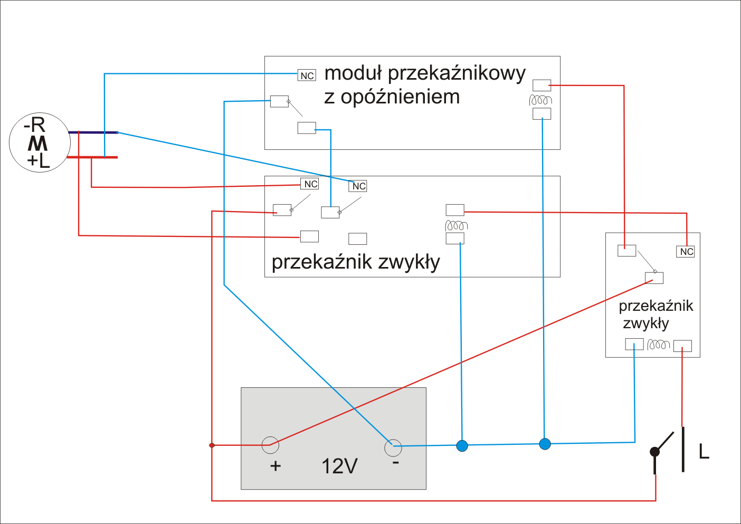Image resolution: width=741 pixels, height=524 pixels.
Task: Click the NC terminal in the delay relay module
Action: [x=307, y=75]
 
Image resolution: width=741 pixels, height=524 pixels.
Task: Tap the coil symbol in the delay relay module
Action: [x=540, y=100]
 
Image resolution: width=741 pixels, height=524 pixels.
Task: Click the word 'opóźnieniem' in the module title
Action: [x=400, y=97]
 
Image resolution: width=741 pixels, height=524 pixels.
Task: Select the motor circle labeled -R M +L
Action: [x=40, y=142]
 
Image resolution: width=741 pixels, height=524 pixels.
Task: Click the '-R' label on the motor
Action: [x=34, y=125]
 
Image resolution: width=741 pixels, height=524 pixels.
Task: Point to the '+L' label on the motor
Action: [x=39, y=161]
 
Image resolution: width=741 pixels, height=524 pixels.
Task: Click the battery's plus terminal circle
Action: [x=270, y=445]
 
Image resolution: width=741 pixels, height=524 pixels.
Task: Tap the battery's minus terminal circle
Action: [x=393, y=448]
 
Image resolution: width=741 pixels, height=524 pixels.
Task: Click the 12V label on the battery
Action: [x=339, y=466]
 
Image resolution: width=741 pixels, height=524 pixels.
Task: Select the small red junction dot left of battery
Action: [x=212, y=445]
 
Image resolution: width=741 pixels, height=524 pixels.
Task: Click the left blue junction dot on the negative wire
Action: [x=462, y=445]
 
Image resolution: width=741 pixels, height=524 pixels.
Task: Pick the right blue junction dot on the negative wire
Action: [x=545, y=444]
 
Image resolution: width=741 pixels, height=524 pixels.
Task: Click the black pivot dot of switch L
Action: [x=654, y=452]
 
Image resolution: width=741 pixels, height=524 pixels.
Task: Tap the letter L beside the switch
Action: [x=704, y=451]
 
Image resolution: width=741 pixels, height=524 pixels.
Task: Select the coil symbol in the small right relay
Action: [x=658, y=345]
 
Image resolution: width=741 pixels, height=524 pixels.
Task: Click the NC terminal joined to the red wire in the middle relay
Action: [x=309, y=184]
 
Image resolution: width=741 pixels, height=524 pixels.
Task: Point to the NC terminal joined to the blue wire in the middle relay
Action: [x=358, y=186]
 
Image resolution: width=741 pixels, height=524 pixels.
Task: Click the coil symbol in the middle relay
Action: [x=456, y=225]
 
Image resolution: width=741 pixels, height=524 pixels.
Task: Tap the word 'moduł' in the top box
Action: [x=353, y=73]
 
